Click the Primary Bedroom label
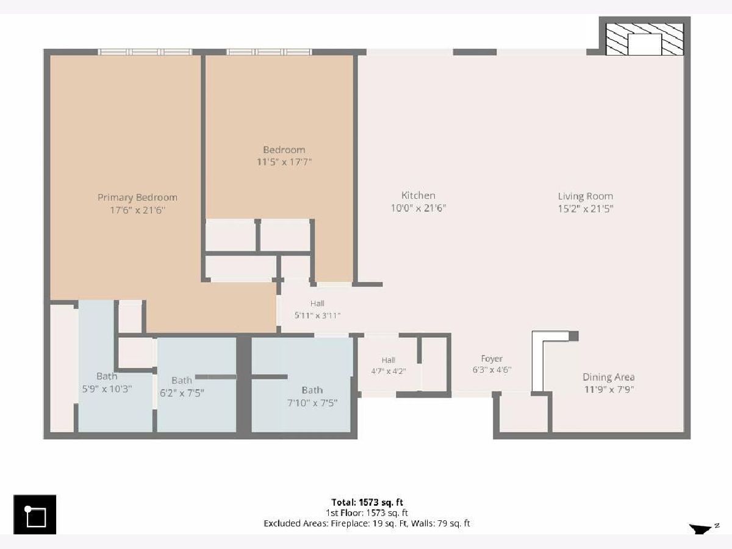pyautogui.click(x=137, y=197)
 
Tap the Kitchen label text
pyautogui.click(x=418, y=195)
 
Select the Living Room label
pyautogui.click(x=586, y=196)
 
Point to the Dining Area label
pyautogui.click(x=609, y=377)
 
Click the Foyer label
pyautogui.click(x=492, y=359)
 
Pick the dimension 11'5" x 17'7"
pyautogui.click(x=284, y=162)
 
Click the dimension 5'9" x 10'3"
pyautogui.click(x=107, y=389)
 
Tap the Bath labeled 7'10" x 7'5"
pyautogui.click(x=312, y=390)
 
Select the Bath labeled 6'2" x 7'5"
pyautogui.click(x=182, y=380)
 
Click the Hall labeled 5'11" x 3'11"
pyautogui.click(x=317, y=303)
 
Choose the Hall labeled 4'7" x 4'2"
pyautogui.click(x=389, y=360)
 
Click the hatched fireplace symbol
pyautogui.click(x=644, y=39)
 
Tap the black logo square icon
pyautogui.click(x=35, y=515)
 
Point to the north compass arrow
pyautogui.click(x=700, y=529)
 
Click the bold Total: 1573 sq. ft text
pyautogui.click(x=367, y=502)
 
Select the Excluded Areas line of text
pyautogui.click(x=367, y=523)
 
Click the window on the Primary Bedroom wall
pyautogui.click(x=145, y=52)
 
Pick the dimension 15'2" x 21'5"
pyautogui.click(x=586, y=209)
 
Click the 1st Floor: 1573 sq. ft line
pyautogui.click(x=367, y=512)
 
